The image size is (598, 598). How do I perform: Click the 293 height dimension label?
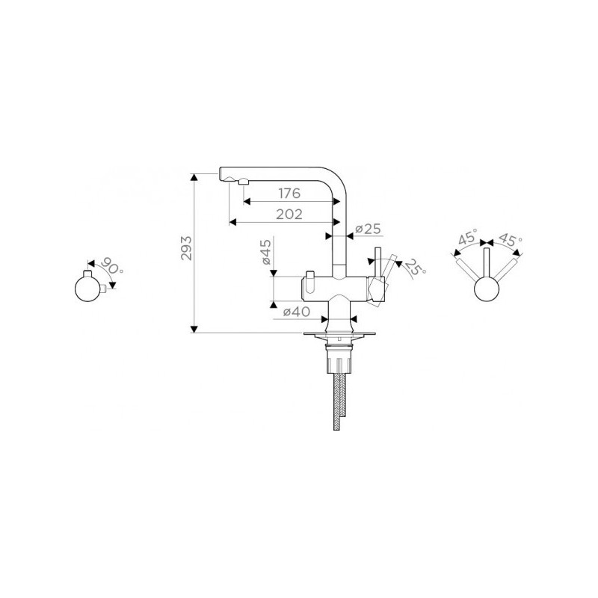point(186,248)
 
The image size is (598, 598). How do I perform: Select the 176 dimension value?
point(289,194)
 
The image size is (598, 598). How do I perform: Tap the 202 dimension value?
point(289,215)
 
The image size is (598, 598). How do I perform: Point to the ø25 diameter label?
point(368,229)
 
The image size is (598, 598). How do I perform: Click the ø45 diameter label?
point(266,252)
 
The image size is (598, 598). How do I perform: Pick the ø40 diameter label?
point(296,312)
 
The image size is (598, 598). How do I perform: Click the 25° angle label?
point(415,268)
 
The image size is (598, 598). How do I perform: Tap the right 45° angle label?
point(510,238)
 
